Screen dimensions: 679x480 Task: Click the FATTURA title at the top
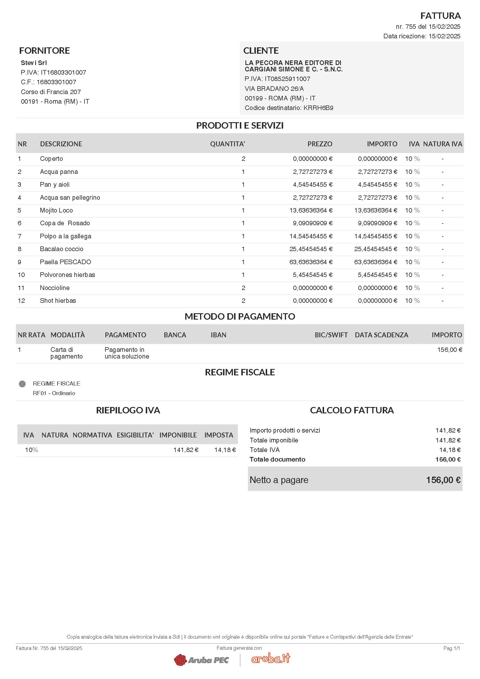(441, 16)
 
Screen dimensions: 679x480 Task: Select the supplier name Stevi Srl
(34, 63)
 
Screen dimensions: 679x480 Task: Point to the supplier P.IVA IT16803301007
(53, 73)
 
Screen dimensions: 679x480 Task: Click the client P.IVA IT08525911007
(277, 79)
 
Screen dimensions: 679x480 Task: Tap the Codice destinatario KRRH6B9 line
(289, 108)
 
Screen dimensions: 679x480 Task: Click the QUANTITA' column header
(227, 144)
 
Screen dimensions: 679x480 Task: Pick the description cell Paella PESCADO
(65, 262)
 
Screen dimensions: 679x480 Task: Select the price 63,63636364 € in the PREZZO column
(311, 262)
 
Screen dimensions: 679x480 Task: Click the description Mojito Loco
(56, 210)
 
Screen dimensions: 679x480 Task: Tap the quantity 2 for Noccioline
(243, 288)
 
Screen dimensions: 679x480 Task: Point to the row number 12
(21, 301)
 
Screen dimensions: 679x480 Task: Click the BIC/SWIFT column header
(331, 335)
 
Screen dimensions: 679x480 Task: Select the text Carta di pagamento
(66, 353)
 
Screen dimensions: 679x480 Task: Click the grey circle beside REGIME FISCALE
(22, 384)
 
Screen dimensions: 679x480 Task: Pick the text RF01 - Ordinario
(54, 393)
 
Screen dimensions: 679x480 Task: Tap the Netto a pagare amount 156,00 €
(443, 480)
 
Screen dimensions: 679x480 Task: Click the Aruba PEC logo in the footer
(202, 660)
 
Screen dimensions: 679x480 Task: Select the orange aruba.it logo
(271, 658)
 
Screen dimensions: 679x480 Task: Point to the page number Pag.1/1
(452, 648)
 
